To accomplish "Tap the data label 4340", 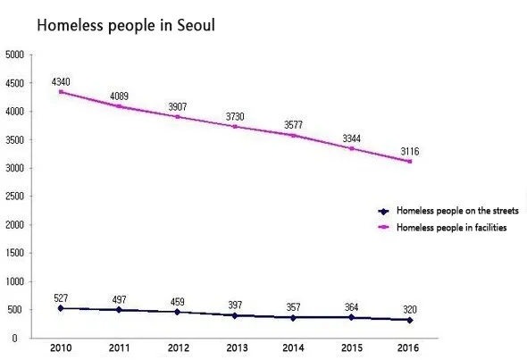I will click(61, 80).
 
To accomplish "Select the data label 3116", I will click(410, 152).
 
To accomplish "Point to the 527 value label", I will click(61, 298).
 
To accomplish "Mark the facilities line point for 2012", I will click(178, 116).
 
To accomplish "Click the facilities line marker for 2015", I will click(352, 148).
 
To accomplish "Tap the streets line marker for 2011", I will click(120, 310).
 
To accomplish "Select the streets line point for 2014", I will click(294, 317).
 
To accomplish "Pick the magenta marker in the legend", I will click(383, 227).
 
